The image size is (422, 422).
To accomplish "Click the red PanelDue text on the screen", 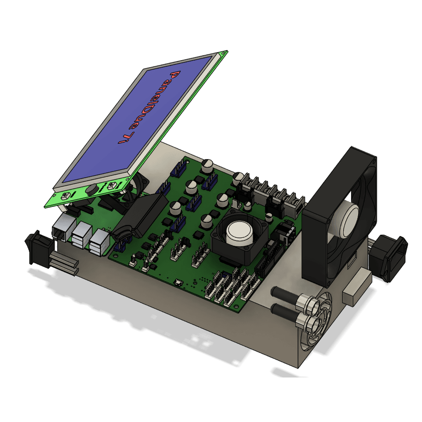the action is [149, 107].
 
